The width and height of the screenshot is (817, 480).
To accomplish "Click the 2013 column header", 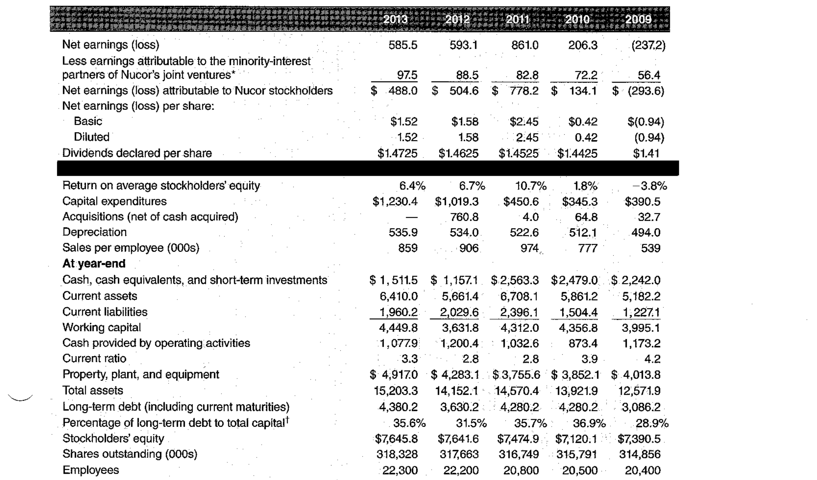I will pyautogui.click(x=395, y=19).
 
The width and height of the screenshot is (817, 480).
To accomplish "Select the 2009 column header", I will pyautogui.click(x=638, y=19).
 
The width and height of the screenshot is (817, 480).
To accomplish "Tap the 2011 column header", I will pyautogui.click(x=517, y=19).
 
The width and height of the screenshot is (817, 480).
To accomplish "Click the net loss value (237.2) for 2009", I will pyautogui.click(x=648, y=45).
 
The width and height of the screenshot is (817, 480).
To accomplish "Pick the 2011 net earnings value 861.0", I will pyautogui.click(x=525, y=45).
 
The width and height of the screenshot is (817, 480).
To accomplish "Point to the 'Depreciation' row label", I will pyautogui.click(x=94, y=232).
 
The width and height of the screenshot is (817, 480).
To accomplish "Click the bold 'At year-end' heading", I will pyautogui.click(x=94, y=263).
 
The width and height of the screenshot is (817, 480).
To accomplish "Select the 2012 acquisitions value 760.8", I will pyautogui.click(x=464, y=217).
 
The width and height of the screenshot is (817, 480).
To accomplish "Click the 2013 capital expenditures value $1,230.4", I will pyautogui.click(x=395, y=202).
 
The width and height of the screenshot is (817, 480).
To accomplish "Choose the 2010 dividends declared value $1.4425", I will pyautogui.click(x=577, y=153).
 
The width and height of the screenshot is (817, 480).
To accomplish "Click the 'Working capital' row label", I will pyautogui.click(x=101, y=327).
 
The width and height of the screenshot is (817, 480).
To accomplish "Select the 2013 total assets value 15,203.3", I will pyautogui.click(x=396, y=391).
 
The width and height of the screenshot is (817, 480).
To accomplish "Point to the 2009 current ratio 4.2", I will pyautogui.click(x=652, y=359).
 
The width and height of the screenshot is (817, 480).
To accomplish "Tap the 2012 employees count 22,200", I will pyautogui.click(x=461, y=470).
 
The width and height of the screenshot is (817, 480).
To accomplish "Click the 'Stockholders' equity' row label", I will pyautogui.click(x=113, y=438).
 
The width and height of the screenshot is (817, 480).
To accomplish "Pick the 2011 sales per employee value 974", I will pyautogui.click(x=529, y=248).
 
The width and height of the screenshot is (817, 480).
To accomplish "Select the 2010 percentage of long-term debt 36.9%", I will pyautogui.click(x=589, y=423).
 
